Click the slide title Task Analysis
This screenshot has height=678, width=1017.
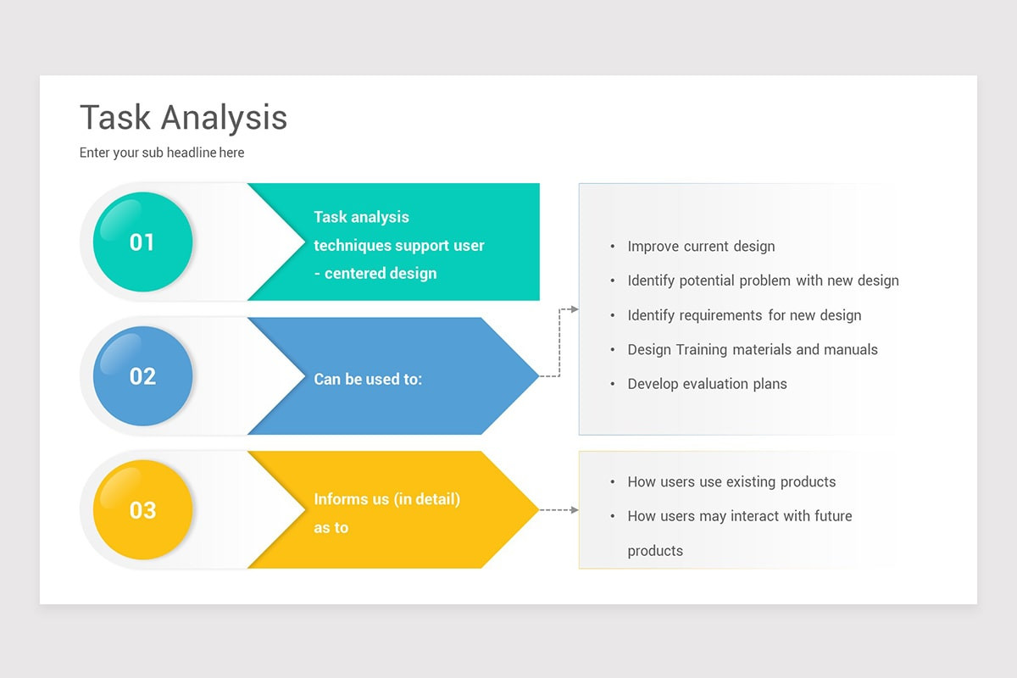[183, 118]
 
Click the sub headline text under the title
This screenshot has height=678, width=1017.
[162, 153]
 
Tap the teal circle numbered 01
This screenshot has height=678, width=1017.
[142, 242]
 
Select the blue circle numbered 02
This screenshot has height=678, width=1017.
[142, 376]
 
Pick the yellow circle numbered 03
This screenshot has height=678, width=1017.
[142, 509]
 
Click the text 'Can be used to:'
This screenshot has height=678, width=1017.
[368, 379]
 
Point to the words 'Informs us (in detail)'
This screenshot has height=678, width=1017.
[386, 499]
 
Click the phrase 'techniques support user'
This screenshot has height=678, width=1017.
[399, 246]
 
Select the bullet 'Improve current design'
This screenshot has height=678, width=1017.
[701, 247]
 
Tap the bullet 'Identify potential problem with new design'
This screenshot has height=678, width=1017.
[764, 281]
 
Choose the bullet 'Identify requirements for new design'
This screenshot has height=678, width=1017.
[744, 315]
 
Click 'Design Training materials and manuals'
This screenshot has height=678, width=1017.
[753, 350]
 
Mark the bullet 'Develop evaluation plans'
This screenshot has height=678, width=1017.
[707, 384]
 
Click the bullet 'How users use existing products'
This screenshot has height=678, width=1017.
[731, 482]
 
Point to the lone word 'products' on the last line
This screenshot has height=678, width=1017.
[655, 552]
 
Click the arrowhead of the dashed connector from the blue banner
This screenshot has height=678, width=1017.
[575, 309]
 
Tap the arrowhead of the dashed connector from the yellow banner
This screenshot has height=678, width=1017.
[575, 510]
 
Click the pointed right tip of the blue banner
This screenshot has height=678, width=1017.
[538, 376]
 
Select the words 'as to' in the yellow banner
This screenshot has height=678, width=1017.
[331, 528]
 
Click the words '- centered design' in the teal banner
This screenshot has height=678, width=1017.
[375, 274]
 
